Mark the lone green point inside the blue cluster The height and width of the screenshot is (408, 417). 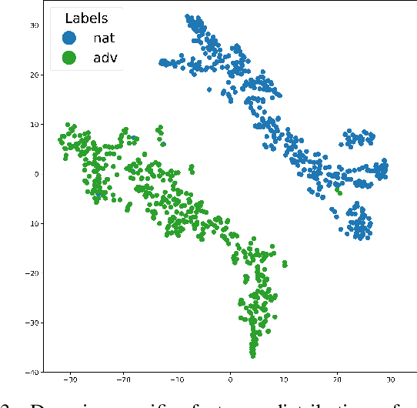tap(339, 192)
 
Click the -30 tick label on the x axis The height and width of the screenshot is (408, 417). tap(69, 380)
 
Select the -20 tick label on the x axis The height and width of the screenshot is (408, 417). tap(123, 380)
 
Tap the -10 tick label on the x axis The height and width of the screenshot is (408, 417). tap(176, 380)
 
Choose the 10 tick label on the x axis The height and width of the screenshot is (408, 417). tap(284, 380)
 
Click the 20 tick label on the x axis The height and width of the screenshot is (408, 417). tap(338, 380)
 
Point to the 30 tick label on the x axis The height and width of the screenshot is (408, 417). tap(391, 380)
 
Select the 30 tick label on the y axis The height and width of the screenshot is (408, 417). tap(33, 25)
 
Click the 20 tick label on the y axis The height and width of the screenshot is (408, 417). tap(33, 75)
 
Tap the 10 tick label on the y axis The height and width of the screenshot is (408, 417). tap(33, 124)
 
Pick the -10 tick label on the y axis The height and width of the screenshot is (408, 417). tap(32, 223)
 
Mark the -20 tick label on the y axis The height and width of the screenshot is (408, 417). tap(32, 273)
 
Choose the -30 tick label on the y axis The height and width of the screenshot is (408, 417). tap(32, 323)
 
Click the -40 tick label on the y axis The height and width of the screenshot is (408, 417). tap(32, 372)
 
